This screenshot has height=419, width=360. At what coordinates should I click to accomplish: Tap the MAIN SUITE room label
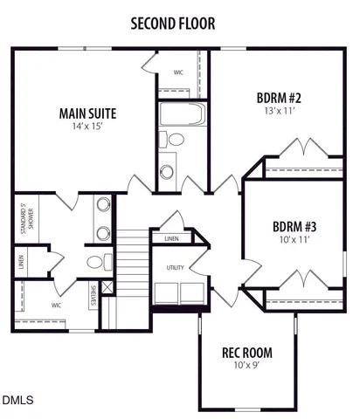[x=87, y=113]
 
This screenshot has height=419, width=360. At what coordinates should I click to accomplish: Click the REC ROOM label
[x=246, y=354]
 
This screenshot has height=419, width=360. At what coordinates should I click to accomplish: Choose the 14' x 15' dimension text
[x=87, y=128]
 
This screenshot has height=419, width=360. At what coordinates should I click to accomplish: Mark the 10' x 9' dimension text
[x=246, y=367]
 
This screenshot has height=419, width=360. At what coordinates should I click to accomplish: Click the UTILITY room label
[x=176, y=268]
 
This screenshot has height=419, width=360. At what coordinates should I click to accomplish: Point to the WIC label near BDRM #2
[x=178, y=72]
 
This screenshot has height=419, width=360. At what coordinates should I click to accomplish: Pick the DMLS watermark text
[x=17, y=401]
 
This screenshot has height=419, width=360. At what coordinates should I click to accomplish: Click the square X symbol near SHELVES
[x=107, y=287]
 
